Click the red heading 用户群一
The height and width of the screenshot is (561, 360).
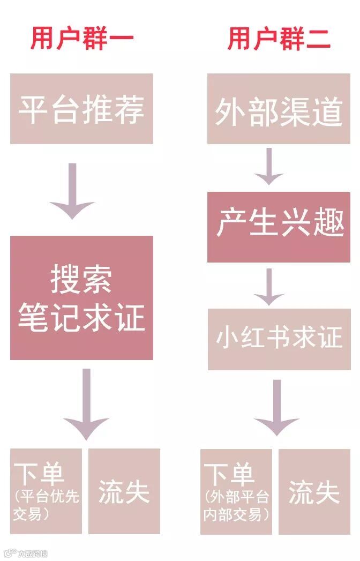[x=81, y=39]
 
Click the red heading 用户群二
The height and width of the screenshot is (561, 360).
[x=279, y=39]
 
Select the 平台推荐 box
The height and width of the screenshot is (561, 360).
[x=81, y=109]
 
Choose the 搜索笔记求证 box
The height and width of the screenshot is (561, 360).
[x=81, y=298]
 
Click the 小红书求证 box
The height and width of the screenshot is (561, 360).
[x=279, y=339]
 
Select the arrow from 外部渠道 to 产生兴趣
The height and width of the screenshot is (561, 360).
[x=269, y=166]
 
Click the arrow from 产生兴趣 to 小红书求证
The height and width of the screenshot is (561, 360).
[x=269, y=286]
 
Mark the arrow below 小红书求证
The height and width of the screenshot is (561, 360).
[x=276, y=407]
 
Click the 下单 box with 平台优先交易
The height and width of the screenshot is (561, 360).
[x=46, y=491]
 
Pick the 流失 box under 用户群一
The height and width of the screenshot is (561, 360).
[x=124, y=491]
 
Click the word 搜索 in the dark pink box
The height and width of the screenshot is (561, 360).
[x=81, y=279]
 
